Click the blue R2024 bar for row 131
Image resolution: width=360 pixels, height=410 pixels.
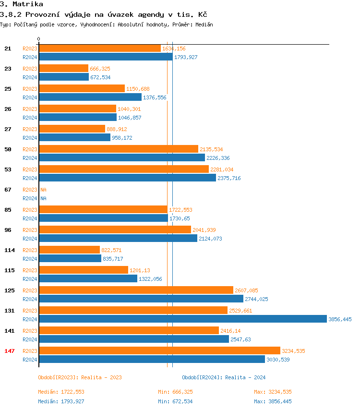point(182,319)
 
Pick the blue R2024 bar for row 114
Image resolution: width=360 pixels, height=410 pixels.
point(70,258)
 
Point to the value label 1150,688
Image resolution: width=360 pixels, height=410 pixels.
point(138,89)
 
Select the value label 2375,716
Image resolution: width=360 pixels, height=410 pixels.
point(229,178)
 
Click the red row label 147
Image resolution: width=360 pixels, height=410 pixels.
point(10,351)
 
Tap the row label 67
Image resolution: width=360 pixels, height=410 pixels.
point(8,190)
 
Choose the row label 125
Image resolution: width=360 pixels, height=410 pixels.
point(10,290)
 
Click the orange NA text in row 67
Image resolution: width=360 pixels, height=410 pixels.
point(43,190)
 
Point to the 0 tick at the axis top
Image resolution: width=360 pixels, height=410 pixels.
point(39,39)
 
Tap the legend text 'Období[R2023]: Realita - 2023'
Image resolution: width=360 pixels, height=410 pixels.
point(80,377)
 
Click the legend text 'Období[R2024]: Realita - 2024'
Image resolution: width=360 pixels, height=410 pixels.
point(224,377)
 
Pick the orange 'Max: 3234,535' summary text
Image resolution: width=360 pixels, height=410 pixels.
point(273,392)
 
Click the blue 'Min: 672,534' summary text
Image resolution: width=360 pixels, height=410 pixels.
point(175,401)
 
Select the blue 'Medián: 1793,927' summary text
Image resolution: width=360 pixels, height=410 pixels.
point(61,401)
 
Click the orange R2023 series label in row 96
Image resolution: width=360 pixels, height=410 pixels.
point(30,230)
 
